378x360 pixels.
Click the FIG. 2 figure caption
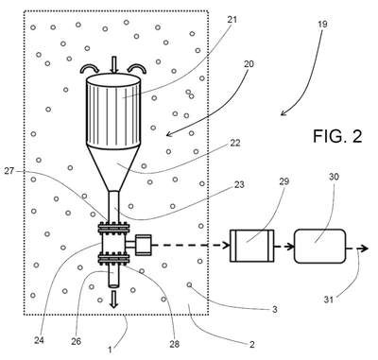click(x=337, y=136)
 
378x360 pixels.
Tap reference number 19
click(x=321, y=25)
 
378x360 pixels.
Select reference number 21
click(x=232, y=20)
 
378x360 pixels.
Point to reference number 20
click(x=249, y=64)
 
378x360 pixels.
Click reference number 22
click(x=235, y=143)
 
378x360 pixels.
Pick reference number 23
click(x=239, y=184)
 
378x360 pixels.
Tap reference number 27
click(x=9, y=171)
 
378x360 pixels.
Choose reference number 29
click(x=283, y=181)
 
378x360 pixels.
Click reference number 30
click(x=334, y=177)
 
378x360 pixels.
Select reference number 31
click(x=329, y=300)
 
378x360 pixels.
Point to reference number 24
click(x=39, y=340)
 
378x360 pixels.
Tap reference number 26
click(x=76, y=341)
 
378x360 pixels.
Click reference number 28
click(x=174, y=344)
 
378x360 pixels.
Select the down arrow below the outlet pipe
click(x=113, y=299)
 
